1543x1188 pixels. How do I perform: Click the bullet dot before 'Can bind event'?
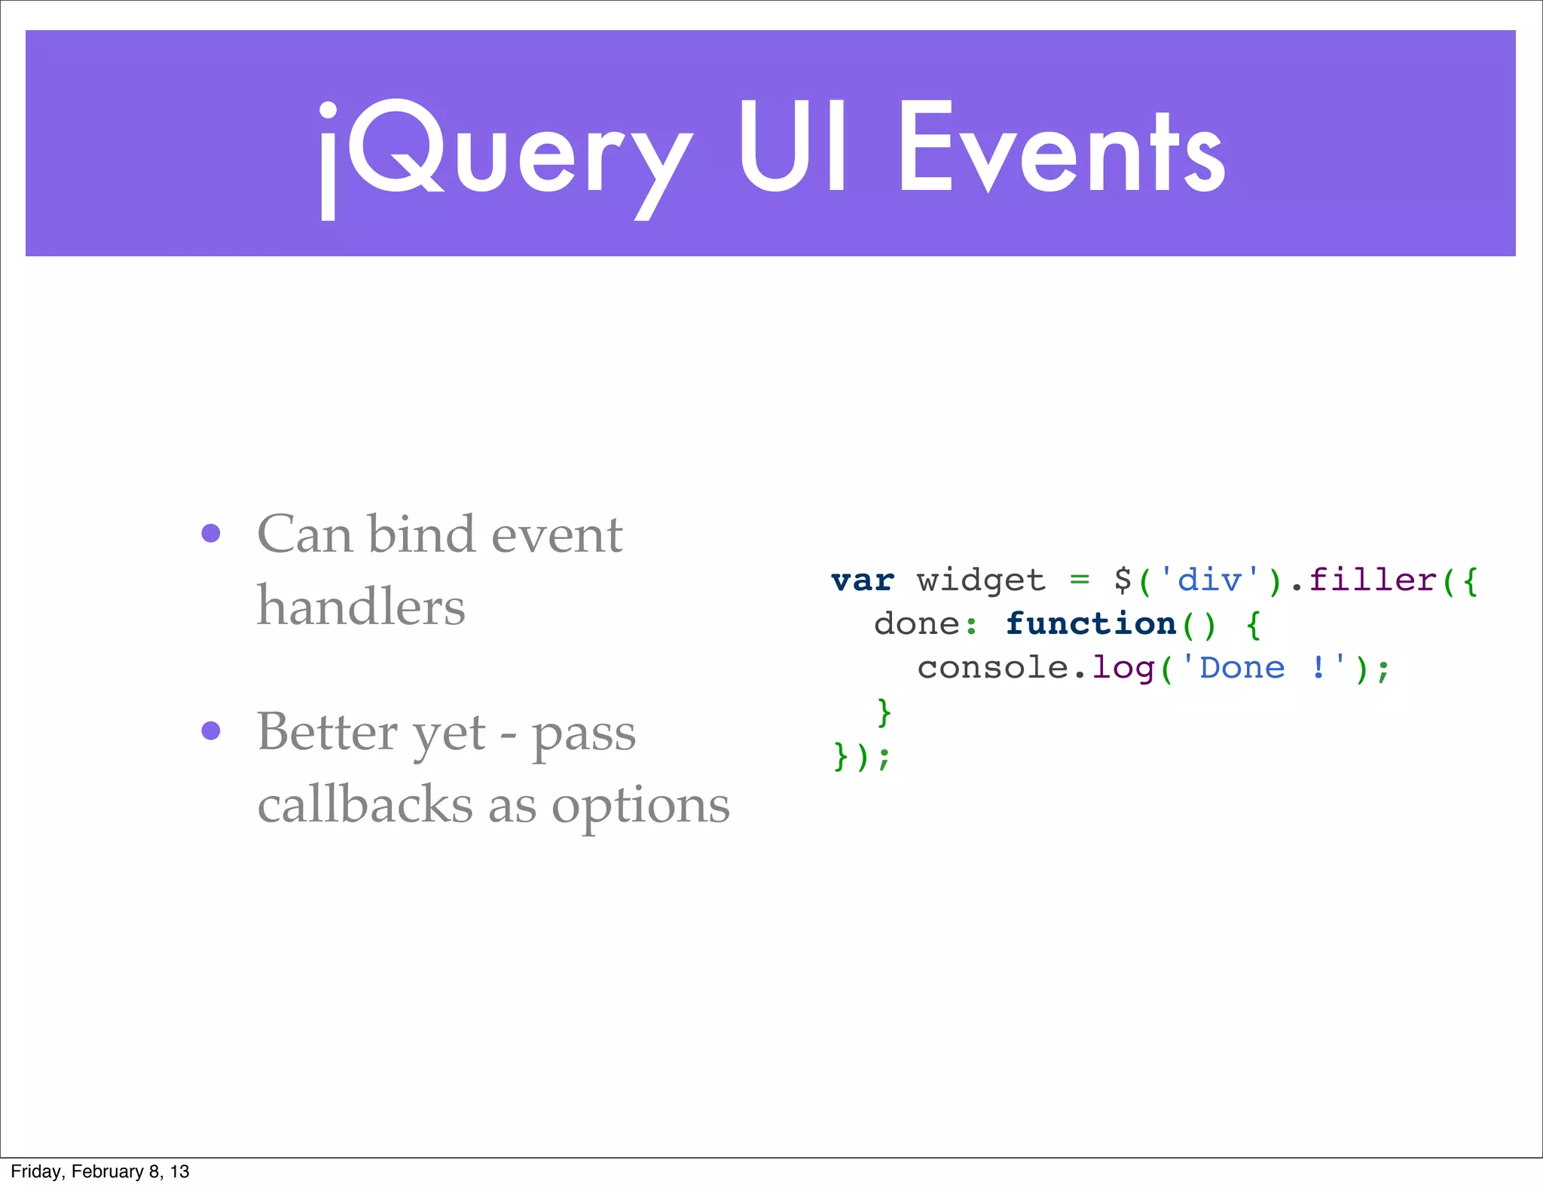click(211, 534)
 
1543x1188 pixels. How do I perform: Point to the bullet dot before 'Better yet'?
click(211, 730)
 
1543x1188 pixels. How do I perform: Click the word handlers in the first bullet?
click(361, 606)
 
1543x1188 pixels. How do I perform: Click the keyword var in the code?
click(863, 580)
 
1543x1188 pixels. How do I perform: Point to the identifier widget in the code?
click(981, 580)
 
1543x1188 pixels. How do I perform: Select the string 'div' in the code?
click(1209, 580)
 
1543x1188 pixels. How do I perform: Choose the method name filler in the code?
click(1373, 580)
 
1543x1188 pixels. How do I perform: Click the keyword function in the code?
click(1091, 624)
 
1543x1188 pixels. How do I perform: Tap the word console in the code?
click(992, 669)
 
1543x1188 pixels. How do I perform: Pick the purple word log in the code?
click(1123, 669)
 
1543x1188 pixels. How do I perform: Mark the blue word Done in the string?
click(1242, 669)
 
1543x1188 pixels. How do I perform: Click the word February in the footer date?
click(107, 1171)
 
